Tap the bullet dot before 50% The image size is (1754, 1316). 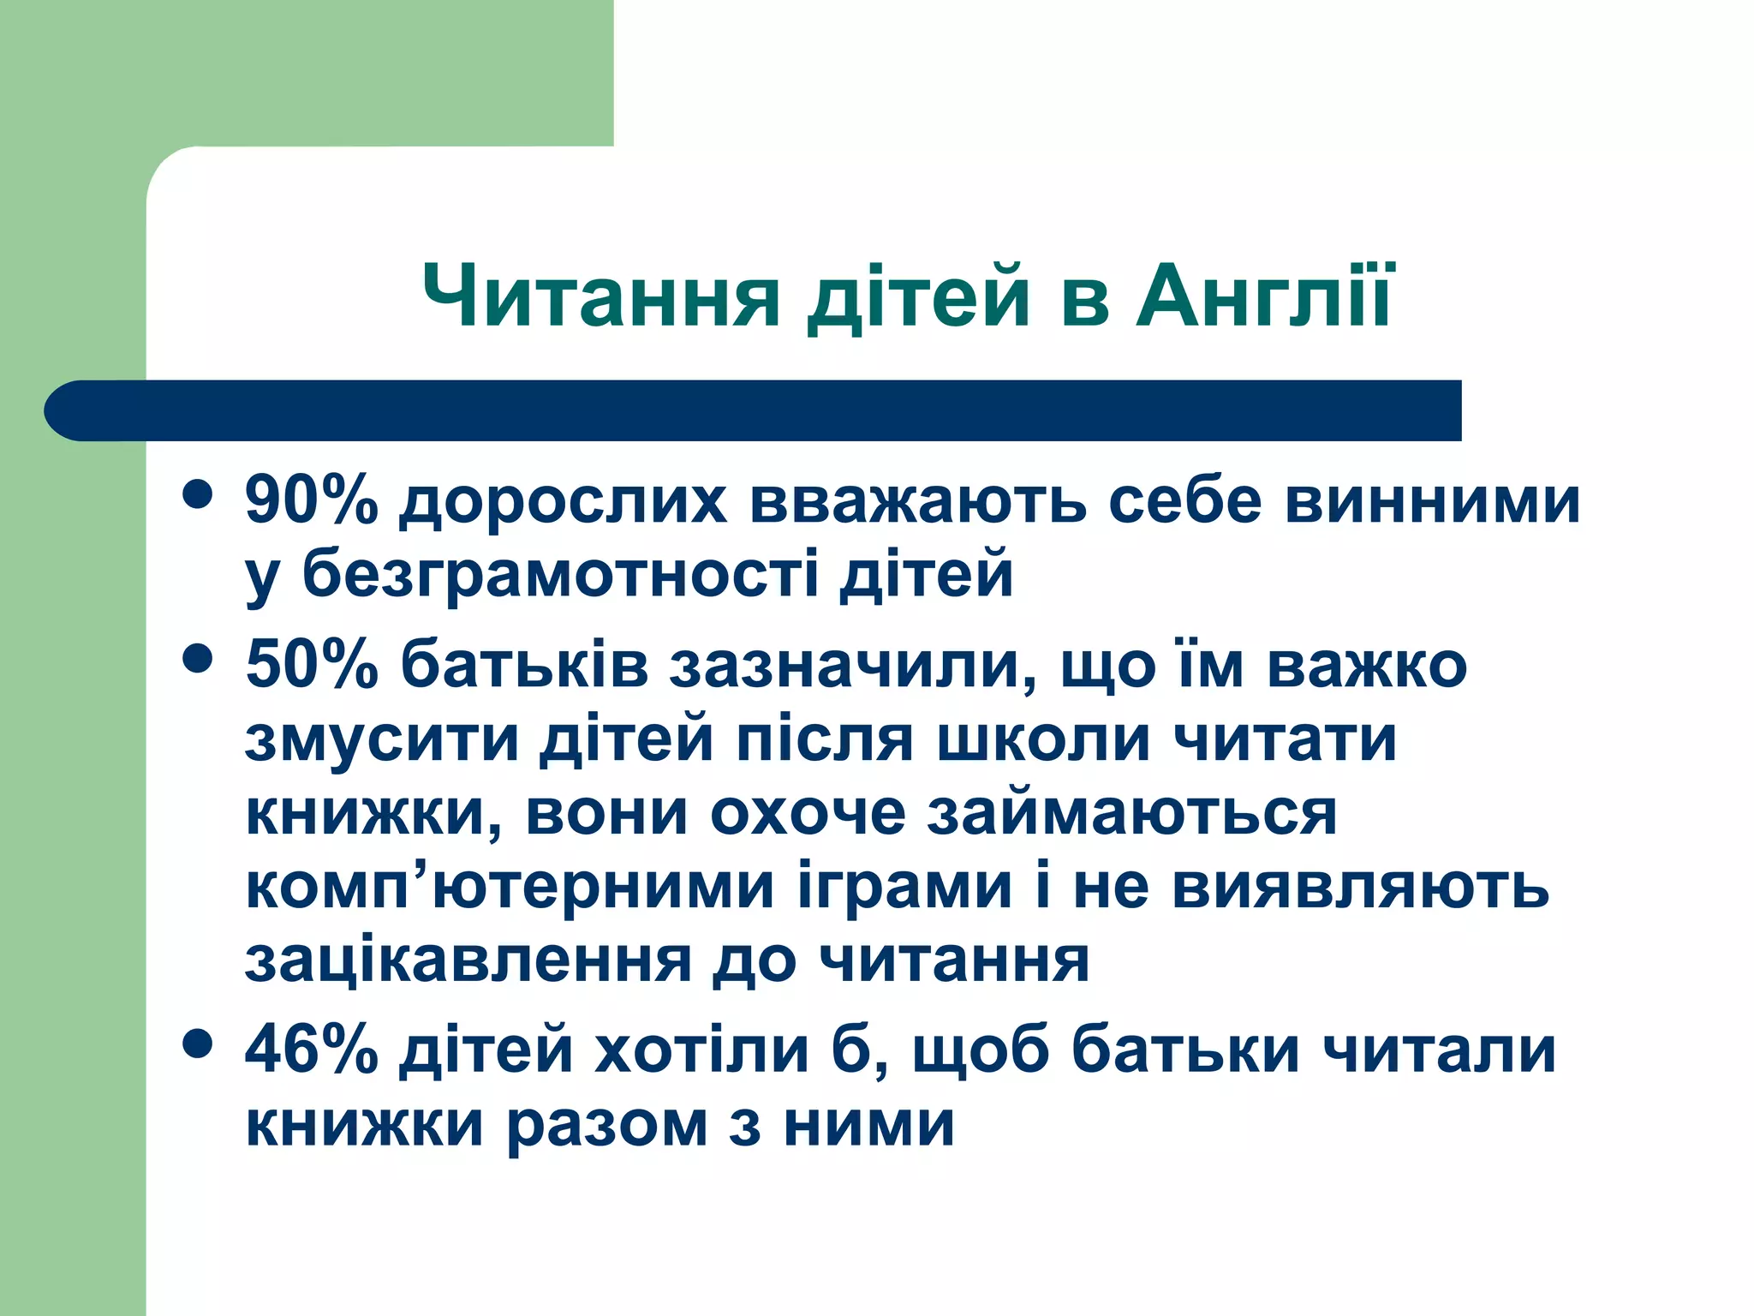[198, 659]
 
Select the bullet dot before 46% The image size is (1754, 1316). [198, 1044]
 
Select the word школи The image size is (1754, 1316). [1043, 739]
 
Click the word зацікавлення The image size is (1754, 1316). [468, 961]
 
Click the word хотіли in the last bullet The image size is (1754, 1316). [702, 1050]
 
